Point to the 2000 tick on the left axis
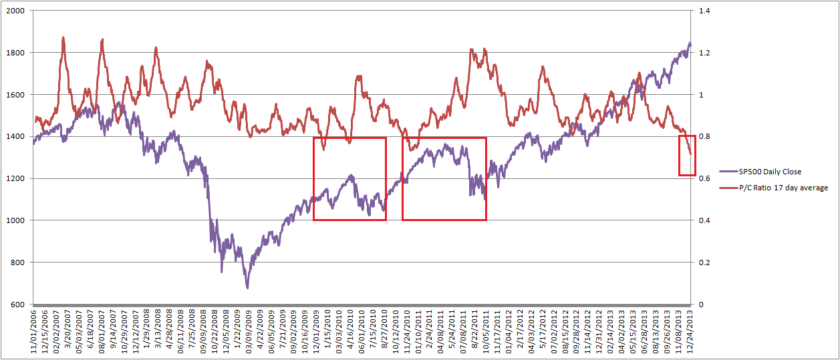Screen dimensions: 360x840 pos(15,11)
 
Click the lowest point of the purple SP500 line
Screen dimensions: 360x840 pos(247,288)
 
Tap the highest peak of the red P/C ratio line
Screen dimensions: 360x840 pos(63,38)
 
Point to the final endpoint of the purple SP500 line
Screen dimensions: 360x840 pos(690,43)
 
